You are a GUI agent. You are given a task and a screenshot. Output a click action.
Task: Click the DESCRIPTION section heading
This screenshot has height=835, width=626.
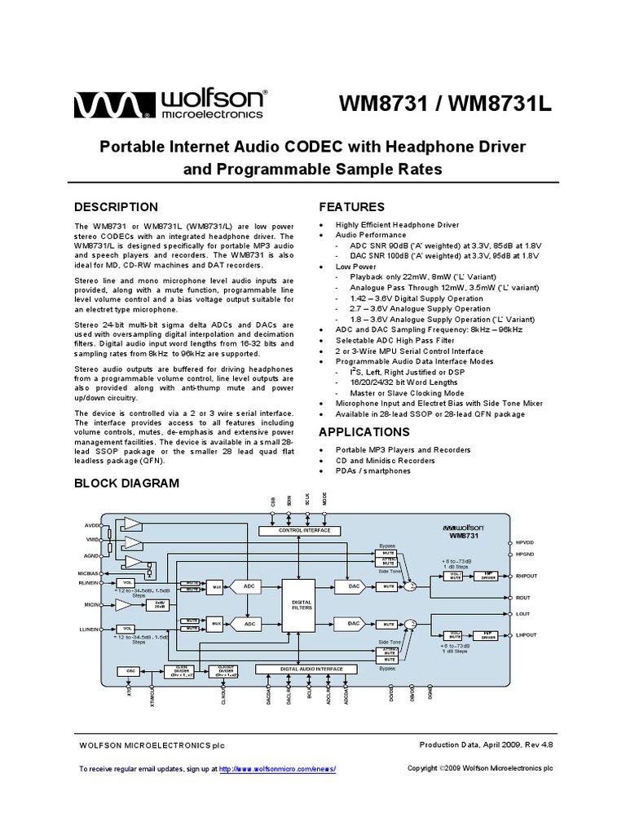click(116, 207)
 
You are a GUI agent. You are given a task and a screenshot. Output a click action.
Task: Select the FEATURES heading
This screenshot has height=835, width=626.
click(351, 207)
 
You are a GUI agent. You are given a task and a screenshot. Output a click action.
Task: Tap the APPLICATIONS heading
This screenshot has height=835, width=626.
click(364, 432)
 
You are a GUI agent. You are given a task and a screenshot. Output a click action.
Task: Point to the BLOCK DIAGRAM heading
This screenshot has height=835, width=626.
click(126, 483)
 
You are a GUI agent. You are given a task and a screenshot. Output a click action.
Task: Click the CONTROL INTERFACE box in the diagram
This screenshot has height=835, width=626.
click(299, 530)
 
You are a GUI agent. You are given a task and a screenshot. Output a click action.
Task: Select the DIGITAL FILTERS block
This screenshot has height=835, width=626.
click(302, 605)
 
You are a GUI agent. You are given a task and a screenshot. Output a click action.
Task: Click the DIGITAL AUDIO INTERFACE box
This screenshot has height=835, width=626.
click(301, 669)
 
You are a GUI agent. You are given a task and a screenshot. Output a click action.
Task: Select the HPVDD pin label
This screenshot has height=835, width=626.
click(525, 541)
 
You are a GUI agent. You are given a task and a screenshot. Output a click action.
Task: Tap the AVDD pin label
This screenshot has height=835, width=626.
click(90, 526)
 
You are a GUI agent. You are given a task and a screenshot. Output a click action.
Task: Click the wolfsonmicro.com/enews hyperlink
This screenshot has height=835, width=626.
click(277, 769)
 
